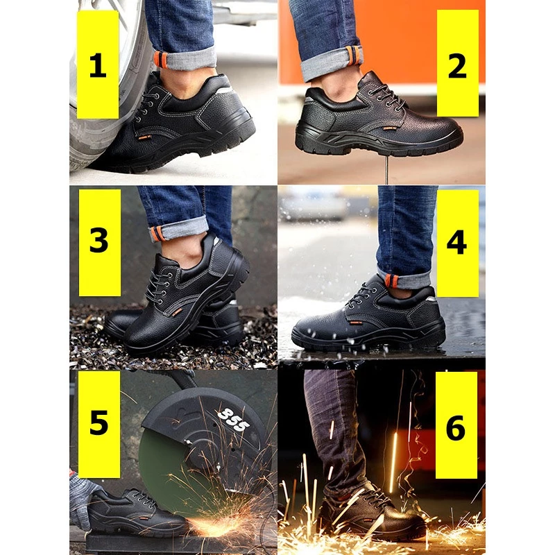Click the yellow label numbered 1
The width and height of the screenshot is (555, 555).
[x=98, y=65]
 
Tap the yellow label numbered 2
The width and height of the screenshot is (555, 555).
[x=458, y=63]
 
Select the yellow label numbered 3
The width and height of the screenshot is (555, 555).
[x=99, y=242]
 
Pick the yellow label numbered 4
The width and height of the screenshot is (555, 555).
[x=458, y=244]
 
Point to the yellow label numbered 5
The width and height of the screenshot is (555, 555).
[x=99, y=424]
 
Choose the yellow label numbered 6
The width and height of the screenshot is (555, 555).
[x=456, y=425]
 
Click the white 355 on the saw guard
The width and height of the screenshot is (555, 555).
[x=233, y=420]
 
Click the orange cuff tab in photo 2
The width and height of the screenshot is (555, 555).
[x=355, y=55]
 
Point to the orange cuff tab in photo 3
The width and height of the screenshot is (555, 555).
[x=156, y=234]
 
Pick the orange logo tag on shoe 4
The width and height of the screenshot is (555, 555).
[x=357, y=322]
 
